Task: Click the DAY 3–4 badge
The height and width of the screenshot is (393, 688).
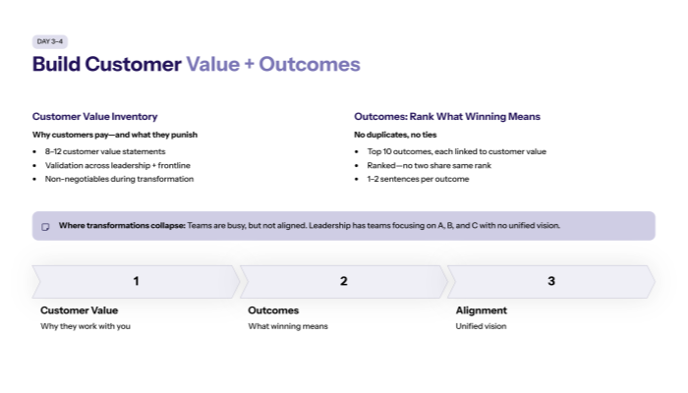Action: [x=49, y=41]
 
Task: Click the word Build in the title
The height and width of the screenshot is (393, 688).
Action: [x=56, y=65]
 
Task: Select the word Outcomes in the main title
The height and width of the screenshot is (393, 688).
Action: [x=310, y=65]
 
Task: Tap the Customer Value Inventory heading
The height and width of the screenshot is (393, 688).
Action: [x=94, y=116]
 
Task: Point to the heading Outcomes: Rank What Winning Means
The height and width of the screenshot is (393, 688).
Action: [x=446, y=116]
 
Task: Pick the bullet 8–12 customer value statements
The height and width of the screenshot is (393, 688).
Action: [x=105, y=151]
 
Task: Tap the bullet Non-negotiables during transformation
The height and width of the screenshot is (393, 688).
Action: [x=119, y=179]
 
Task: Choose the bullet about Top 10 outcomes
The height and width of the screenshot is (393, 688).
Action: [x=456, y=151]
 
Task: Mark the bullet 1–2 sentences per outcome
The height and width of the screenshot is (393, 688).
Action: [x=418, y=179]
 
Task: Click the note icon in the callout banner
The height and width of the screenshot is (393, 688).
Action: [x=45, y=226]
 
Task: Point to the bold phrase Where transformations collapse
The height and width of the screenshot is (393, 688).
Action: [x=121, y=226]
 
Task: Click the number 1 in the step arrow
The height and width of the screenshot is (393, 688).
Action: [x=136, y=281]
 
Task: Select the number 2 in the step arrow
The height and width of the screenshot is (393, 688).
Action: [x=344, y=281]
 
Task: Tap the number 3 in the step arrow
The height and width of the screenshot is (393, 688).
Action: [x=551, y=281]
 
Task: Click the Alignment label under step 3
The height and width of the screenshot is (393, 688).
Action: [x=482, y=310]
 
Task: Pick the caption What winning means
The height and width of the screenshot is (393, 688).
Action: [x=288, y=326]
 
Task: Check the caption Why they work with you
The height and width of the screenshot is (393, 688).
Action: [x=86, y=326]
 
